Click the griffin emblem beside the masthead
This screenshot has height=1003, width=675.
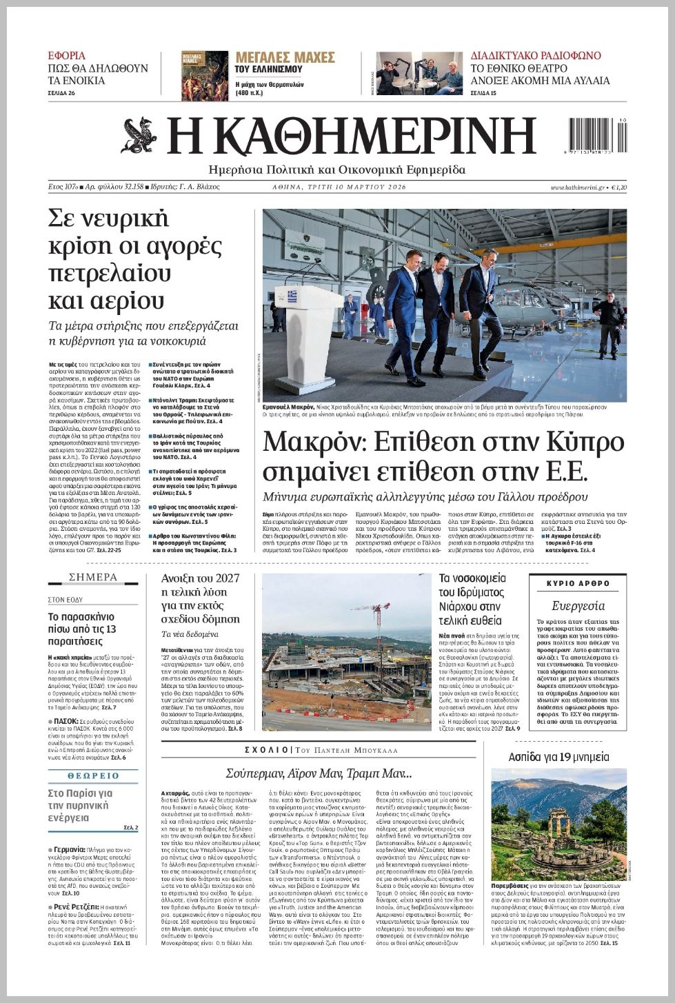(139, 136)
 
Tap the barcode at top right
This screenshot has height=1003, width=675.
(597, 136)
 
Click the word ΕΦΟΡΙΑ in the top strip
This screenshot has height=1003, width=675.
(67, 56)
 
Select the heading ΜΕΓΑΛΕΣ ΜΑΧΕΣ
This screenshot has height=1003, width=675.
(285, 57)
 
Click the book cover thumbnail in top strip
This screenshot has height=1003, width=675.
(205, 76)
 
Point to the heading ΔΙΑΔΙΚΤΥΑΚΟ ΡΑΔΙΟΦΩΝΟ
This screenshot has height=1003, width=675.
(536, 56)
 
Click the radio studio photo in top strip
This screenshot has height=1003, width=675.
(419, 73)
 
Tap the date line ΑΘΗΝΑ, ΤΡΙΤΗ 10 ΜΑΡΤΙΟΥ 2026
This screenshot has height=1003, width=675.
(339, 188)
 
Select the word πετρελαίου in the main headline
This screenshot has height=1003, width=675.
(110, 274)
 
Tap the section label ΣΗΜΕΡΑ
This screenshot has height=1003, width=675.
(93, 577)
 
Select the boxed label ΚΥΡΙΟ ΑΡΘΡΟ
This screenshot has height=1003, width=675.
(578, 583)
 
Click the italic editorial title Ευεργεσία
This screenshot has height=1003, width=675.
(578, 606)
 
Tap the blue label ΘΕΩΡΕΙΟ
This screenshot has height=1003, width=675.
(93, 776)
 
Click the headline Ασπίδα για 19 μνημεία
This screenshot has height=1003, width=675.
(558, 757)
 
